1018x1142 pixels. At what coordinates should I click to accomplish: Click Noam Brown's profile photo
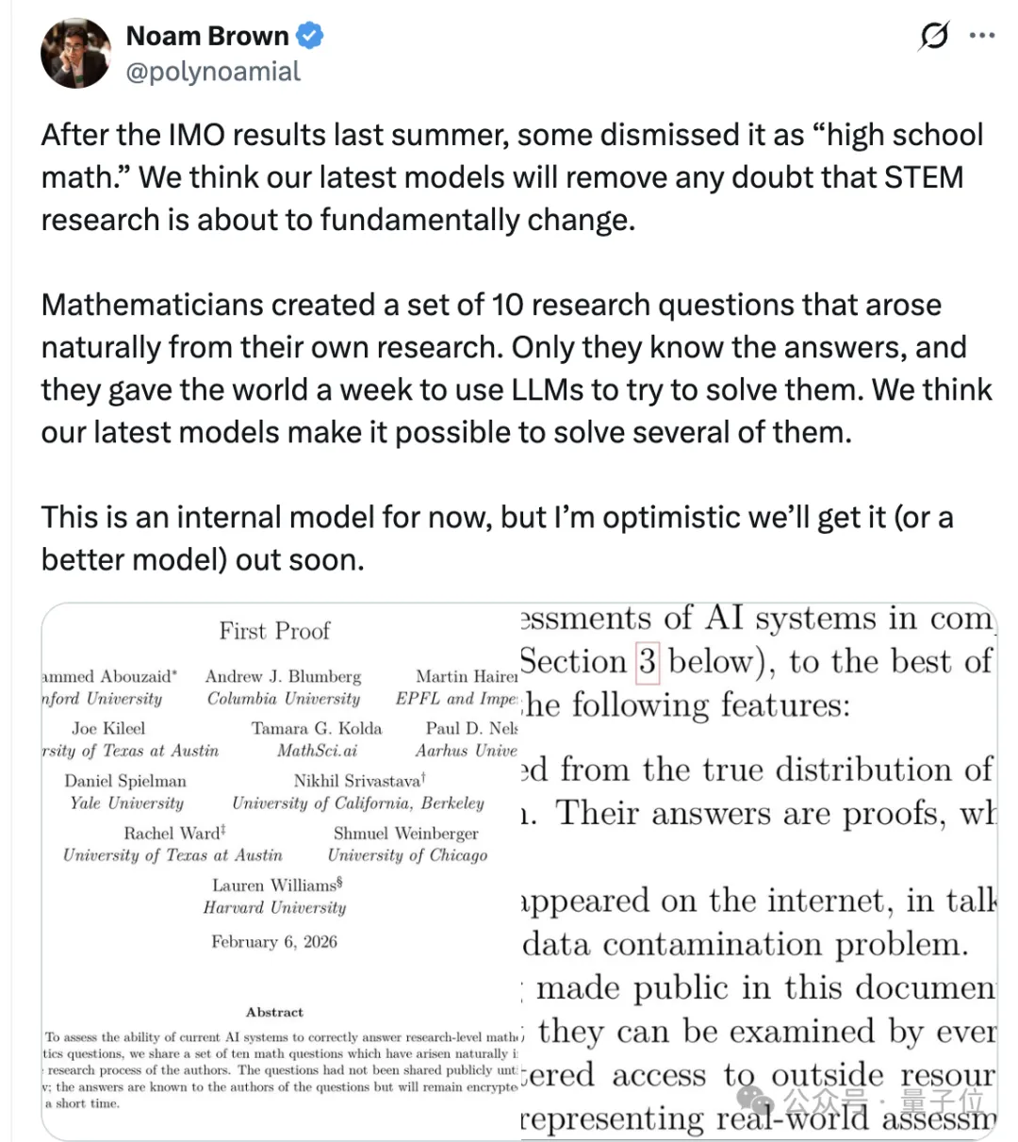(76, 53)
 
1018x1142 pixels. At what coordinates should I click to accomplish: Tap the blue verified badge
(310, 37)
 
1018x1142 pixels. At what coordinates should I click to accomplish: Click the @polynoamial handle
(213, 72)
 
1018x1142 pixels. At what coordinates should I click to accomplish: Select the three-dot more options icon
(982, 37)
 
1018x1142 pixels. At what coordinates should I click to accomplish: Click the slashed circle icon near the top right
(933, 37)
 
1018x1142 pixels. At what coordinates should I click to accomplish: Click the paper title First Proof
(274, 631)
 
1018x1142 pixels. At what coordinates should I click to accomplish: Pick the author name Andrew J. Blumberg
(283, 676)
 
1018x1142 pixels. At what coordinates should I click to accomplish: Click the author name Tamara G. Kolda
(317, 728)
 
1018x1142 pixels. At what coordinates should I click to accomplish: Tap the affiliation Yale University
(126, 803)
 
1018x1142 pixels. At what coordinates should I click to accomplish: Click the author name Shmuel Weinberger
(405, 834)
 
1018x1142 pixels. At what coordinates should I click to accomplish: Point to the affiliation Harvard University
(274, 907)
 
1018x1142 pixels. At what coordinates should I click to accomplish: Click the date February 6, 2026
(274, 941)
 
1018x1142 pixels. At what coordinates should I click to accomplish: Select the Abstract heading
(274, 1012)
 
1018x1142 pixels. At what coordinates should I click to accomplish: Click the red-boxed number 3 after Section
(648, 661)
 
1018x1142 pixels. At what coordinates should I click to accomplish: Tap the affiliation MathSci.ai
(317, 751)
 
